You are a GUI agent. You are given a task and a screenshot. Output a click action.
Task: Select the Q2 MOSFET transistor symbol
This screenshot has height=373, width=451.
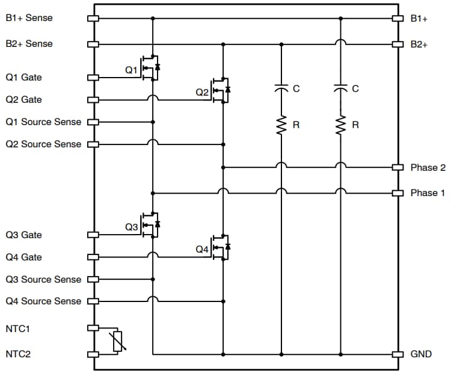[x=221, y=90]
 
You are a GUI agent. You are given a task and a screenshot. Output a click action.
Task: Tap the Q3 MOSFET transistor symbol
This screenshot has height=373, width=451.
[x=150, y=226]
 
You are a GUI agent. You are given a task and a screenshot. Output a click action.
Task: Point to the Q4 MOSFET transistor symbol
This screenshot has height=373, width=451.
[x=221, y=248]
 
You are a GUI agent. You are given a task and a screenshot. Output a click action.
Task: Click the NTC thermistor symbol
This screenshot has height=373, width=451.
[x=117, y=341]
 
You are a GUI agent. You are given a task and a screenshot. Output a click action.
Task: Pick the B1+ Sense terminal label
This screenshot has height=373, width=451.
[x=29, y=18]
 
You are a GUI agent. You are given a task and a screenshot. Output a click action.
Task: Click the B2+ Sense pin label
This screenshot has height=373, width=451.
[x=29, y=44]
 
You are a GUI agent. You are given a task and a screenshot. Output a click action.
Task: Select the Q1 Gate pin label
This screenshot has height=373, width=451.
[x=23, y=78]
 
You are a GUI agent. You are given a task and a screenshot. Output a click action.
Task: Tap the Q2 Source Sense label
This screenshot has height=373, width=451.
[x=43, y=144]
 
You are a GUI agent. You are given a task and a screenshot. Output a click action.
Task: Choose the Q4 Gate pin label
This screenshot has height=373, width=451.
[x=23, y=257]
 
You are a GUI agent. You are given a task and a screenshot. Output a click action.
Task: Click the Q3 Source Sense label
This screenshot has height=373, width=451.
[x=43, y=280]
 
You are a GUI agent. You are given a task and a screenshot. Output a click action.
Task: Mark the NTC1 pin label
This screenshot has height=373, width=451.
[x=17, y=328]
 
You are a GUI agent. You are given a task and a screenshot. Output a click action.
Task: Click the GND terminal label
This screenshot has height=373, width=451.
[x=421, y=354]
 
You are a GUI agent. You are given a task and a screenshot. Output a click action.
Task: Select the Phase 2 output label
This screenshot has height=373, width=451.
[x=428, y=167]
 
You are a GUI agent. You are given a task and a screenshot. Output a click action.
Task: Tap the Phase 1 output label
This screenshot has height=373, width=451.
[x=428, y=193]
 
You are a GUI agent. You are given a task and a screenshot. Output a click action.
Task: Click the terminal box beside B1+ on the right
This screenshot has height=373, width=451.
[x=397, y=19]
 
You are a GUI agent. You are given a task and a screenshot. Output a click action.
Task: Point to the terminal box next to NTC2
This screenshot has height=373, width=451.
[x=93, y=354]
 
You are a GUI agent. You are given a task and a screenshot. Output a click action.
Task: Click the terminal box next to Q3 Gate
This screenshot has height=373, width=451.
[x=93, y=235]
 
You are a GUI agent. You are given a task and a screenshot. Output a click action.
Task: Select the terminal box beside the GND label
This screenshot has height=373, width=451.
[x=397, y=354]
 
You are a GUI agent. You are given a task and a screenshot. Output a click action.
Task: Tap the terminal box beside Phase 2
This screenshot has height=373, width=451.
[x=397, y=167]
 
